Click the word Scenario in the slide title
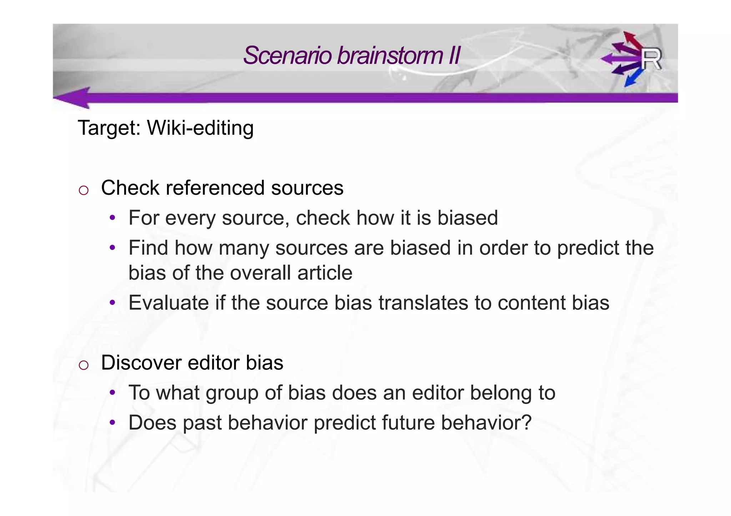pyautogui.click(x=287, y=56)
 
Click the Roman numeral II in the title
pyautogui.click(x=454, y=56)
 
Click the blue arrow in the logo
pyautogui.click(x=633, y=78)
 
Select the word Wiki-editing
pyautogui.click(x=200, y=128)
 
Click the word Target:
pyautogui.click(x=109, y=128)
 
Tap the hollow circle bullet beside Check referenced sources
pyautogui.click(x=84, y=190)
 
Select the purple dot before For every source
pyautogui.click(x=112, y=217)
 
